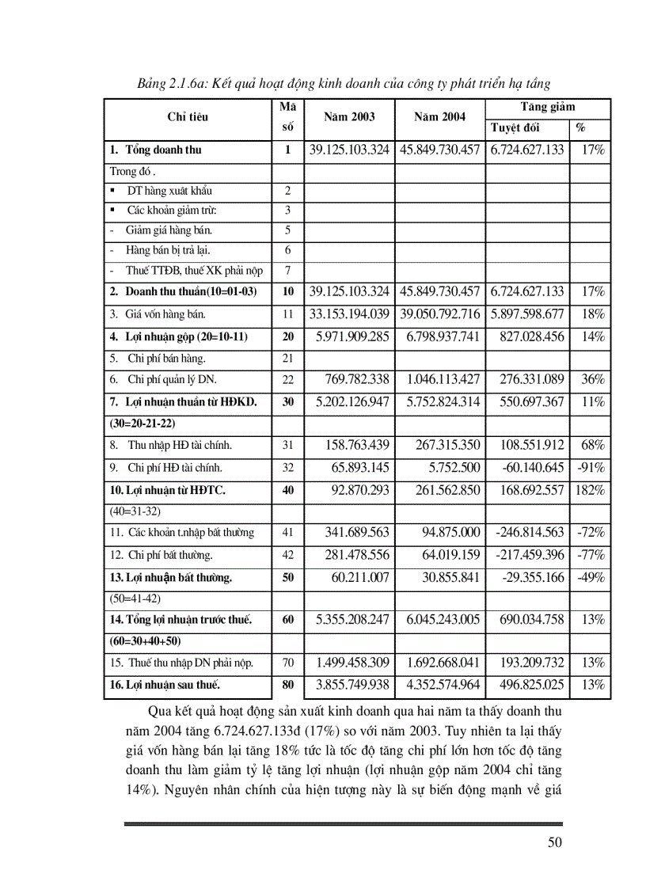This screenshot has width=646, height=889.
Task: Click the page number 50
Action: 554,842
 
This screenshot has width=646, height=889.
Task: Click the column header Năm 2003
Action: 349,116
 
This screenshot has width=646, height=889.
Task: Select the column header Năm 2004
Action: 439,116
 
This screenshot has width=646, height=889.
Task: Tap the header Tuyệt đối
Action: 515,127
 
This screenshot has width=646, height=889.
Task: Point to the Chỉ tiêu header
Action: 188,117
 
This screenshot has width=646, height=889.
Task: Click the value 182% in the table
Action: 590,490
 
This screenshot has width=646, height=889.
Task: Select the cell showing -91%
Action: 591,469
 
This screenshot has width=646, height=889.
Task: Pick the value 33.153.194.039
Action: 349,313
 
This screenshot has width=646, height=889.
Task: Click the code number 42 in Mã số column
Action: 287,555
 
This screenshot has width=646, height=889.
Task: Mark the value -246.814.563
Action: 526,533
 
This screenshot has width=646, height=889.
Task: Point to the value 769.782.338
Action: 352,380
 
